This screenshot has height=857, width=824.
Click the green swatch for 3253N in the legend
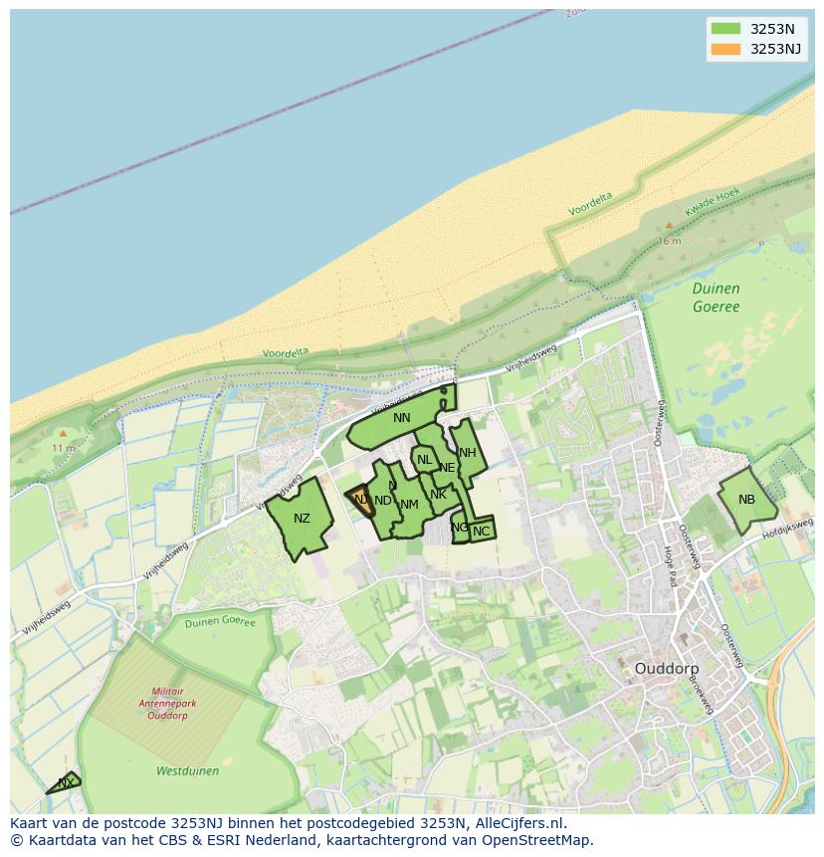click(x=725, y=29)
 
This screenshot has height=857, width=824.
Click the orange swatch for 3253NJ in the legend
click(x=725, y=49)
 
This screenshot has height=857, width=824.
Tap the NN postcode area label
click(x=402, y=418)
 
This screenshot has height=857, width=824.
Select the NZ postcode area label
click(x=302, y=519)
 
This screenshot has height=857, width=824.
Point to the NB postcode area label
click(x=746, y=500)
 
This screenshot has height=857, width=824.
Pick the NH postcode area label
click(x=467, y=453)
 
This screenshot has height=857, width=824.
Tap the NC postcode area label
click(x=481, y=532)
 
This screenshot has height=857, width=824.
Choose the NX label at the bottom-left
click(x=66, y=783)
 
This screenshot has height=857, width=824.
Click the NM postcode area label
click(x=409, y=505)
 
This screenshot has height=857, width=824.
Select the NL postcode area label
click(x=424, y=460)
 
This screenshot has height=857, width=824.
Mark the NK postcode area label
click(x=438, y=494)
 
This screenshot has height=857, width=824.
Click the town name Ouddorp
click(x=666, y=669)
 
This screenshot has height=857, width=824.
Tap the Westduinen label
click(x=187, y=770)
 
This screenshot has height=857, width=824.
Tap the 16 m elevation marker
click(x=669, y=241)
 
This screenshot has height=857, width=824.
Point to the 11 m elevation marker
click(x=63, y=448)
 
